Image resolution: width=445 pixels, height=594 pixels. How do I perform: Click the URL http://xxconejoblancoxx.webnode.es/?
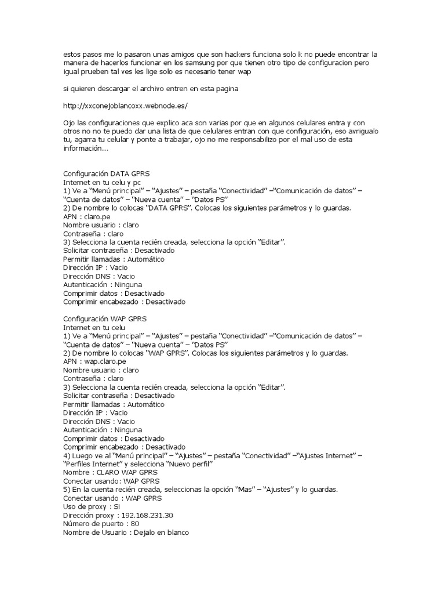pos(125,107)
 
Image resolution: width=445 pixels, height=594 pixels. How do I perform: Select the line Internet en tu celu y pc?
pos(98,182)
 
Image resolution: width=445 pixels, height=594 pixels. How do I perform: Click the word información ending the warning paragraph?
pos(85,148)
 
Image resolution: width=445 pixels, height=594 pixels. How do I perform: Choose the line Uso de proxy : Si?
pos(92,507)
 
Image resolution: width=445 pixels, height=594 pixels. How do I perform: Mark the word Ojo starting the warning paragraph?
pos(68,124)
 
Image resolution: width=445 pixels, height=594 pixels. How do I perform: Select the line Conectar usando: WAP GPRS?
pos(111,481)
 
